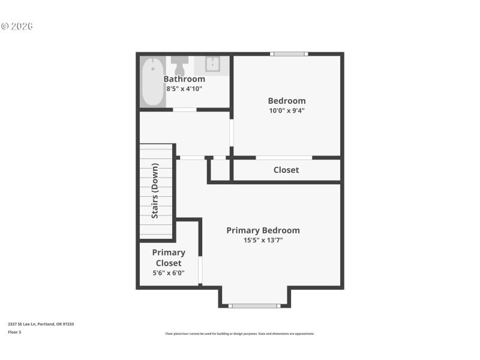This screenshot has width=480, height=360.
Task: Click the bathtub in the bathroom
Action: pyautogui.click(x=152, y=81)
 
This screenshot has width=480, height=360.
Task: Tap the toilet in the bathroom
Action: pyautogui.click(x=179, y=63)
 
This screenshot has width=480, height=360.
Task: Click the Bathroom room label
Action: pyautogui.click(x=184, y=79)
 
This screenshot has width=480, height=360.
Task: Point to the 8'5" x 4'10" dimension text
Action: pyautogui.click(x=184, y=89)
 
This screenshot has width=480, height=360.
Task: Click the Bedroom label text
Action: pyautogui.click(x=286, y=101)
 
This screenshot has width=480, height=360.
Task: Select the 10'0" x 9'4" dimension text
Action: pyautogui.click(x=286, y=110)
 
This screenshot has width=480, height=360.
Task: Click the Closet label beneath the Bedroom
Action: pyautogui.click(x=286, y=170)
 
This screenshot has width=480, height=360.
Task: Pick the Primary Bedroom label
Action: pyautogui.click(x=263, y=230)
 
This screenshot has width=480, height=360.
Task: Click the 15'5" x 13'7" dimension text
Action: pyautogui.click(x=263, y=240)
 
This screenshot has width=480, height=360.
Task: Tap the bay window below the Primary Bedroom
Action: pyautogui.click(x=254, y=306)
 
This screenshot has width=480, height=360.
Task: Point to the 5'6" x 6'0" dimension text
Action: pyautogui.click(x=169, y=273)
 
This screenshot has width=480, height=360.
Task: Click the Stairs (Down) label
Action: pyautogui.click(x=155, y=191)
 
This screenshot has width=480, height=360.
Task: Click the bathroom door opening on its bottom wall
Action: pyautogui.click(x=185, y=110)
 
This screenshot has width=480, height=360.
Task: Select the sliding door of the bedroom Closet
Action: pyautogui.click(x=284, y=158)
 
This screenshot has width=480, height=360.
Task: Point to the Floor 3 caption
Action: pyautogui.click(x=14, y=332)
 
